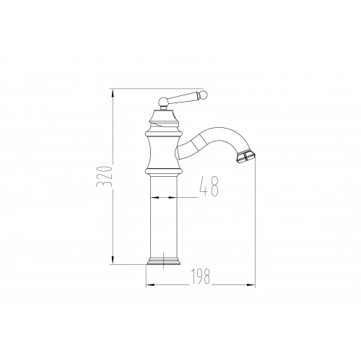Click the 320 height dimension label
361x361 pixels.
(104, 176)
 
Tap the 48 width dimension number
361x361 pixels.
(209, 186)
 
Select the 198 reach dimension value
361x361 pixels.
(200, 276)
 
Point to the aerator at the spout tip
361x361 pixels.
(245, 157)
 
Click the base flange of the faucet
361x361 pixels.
(163, 261)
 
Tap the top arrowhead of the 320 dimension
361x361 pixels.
(113, 93)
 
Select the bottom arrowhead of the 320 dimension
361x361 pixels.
(113, 260)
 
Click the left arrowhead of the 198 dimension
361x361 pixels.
(150, 285)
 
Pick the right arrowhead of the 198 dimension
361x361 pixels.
(251, 285)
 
